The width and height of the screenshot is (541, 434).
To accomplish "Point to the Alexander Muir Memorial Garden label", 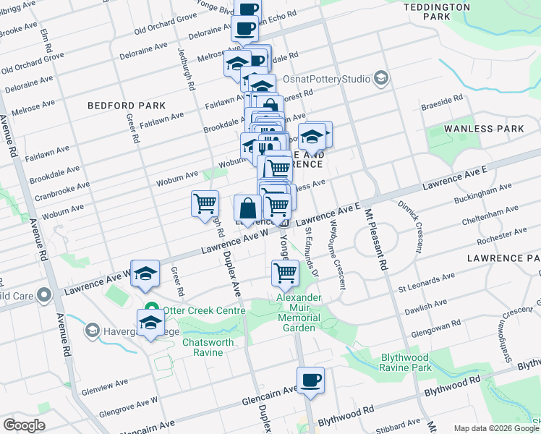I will pyautogui.click(x=298, y=312).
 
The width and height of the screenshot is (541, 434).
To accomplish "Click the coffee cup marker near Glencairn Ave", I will pyautogui.click(x=310, y=380).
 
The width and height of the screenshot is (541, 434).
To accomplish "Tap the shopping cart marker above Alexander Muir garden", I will pyautogui.click(x=285, y=273).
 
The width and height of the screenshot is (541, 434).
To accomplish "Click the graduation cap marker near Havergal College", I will pyautogui.click(x=150, y=323).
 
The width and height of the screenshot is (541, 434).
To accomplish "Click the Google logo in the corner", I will pyautogui.click(x=24, y=425).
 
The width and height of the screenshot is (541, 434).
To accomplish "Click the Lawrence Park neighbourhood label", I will pyautogui.click(x=503, y=258).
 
